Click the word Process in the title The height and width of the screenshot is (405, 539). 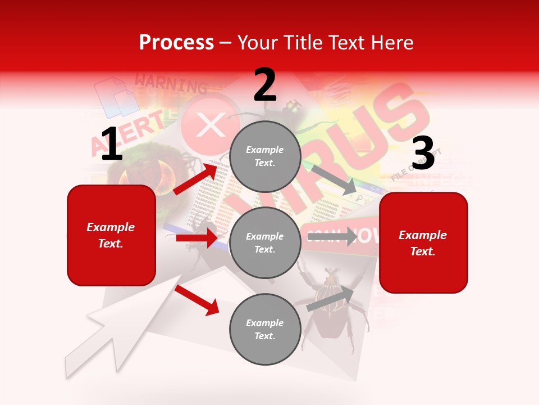176,42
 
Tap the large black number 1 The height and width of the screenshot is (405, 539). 111,145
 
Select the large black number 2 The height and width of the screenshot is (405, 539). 264,85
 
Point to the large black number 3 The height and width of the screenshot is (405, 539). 423,154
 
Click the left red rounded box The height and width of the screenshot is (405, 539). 111,235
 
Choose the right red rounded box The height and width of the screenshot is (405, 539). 423,243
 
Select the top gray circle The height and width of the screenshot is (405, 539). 265,156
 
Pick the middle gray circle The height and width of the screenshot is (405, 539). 265,242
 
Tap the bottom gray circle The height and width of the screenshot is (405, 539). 265,329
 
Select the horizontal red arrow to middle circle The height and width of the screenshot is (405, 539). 197,238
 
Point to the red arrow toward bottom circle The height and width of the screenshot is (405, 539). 197,300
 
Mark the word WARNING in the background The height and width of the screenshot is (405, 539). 171,84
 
